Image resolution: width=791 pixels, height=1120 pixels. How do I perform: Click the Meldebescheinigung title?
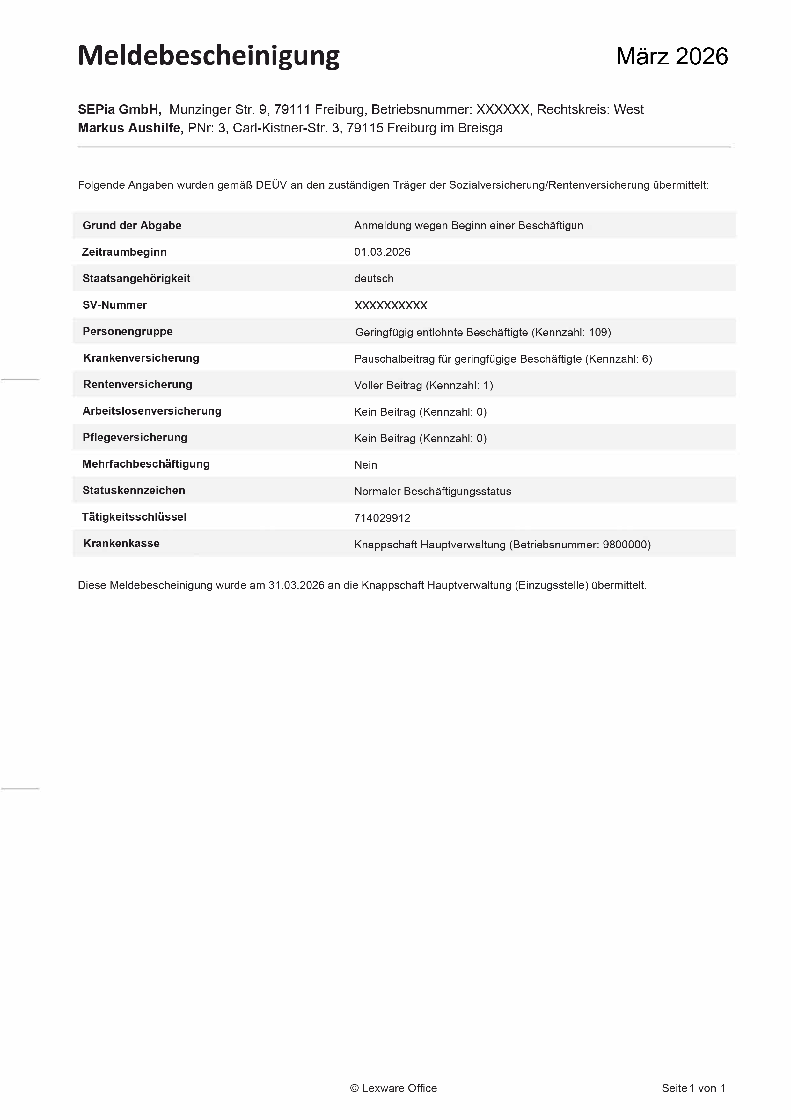coord(208,56)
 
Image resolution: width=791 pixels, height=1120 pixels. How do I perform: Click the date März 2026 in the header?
coord(671,56)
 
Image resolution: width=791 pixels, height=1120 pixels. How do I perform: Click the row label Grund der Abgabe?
coord(132,225)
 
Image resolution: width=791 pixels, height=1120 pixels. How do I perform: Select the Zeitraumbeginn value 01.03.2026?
coord(382,252)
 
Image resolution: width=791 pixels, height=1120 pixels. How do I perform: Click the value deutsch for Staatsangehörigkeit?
coord(373,279)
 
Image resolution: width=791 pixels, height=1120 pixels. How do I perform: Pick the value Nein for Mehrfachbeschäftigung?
coord(365,465)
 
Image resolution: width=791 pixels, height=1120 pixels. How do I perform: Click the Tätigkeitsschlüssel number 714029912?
coord(382,518)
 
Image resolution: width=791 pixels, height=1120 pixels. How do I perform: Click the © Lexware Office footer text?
coord(393,1088)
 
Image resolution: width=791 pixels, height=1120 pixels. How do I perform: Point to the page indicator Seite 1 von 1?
coord(693,1088)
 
